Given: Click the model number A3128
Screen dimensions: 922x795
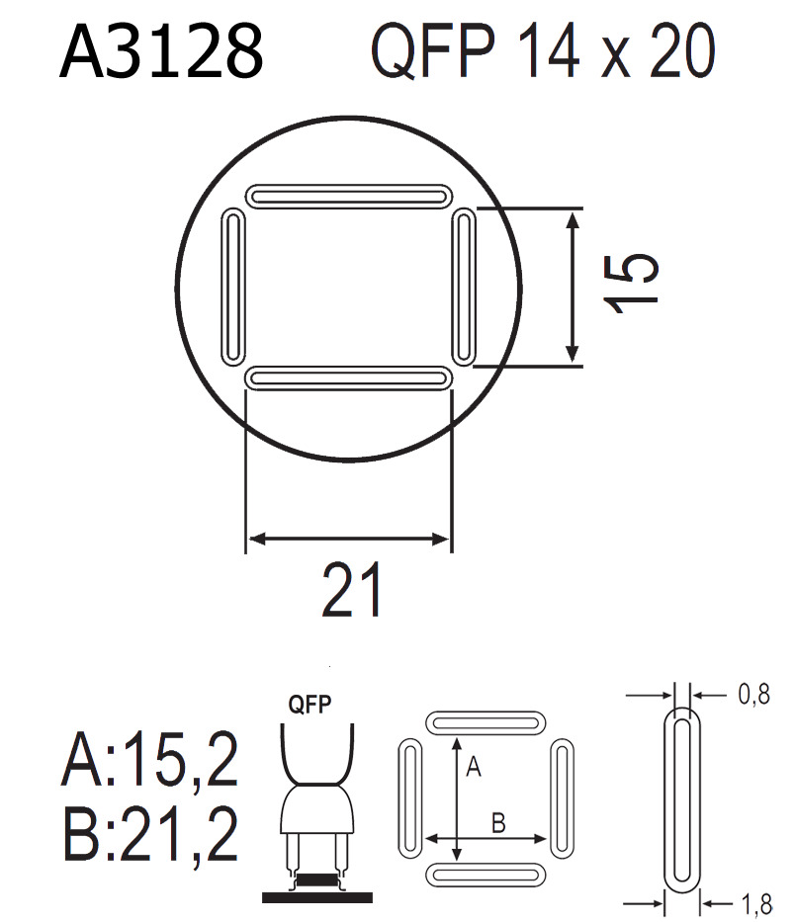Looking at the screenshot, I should (161, 51).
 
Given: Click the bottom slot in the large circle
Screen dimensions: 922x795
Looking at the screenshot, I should (347, 377).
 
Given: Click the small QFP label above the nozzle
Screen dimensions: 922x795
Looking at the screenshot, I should (309, 705).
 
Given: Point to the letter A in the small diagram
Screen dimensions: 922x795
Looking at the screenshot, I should (473, 767).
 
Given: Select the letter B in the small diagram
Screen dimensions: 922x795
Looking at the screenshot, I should (499, 822).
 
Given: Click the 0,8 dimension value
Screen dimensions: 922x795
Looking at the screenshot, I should (753, 696).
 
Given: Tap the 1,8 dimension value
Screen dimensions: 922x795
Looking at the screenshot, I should (753, 901).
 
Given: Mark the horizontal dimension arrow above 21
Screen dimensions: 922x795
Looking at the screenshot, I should (348, 539).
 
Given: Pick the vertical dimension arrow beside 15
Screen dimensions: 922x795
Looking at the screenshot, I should (572, 287).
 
